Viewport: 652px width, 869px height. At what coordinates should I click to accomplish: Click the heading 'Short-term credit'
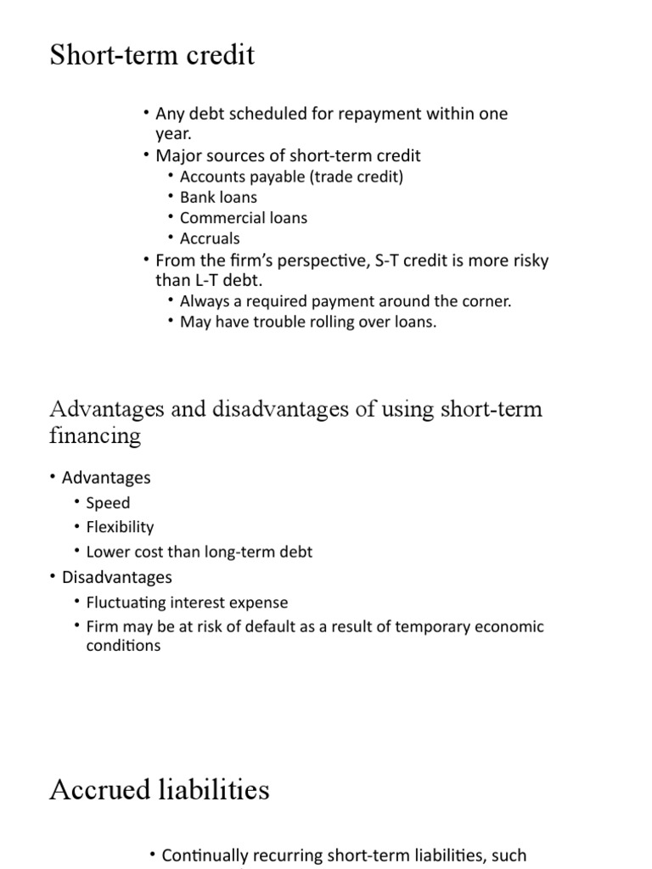click(x=152, y=55)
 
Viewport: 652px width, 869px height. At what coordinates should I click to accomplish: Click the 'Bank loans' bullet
click(x=218, y=197)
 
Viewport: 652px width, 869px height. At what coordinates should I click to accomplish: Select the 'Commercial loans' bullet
click(x=244, y=217)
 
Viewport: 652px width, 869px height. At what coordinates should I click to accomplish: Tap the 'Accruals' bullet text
click(x=210, y=238)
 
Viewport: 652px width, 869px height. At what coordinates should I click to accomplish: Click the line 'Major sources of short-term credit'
click(x=288, y=155)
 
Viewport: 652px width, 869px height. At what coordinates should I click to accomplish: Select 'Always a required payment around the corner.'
click(x=346, y=301)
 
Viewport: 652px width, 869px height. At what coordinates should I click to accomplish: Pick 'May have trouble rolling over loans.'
click(x=308, y=322)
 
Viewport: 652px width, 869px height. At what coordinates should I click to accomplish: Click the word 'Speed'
click(x=108, y=502)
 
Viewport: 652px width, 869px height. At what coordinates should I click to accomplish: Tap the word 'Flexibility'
click(x=120, y=527)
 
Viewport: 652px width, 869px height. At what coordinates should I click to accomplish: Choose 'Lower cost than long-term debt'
click(x=200, y=552)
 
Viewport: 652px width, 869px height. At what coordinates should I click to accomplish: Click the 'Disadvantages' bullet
click(x=116, y=577)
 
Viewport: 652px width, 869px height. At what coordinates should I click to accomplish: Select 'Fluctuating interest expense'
click(x=187, y=603)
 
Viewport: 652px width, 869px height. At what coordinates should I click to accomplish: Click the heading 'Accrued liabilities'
click(x=160, y=790)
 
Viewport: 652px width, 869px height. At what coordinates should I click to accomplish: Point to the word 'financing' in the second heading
click(x=95, y=436)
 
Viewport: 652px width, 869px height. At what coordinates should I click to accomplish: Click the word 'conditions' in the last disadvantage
click(x=123, y=646)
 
